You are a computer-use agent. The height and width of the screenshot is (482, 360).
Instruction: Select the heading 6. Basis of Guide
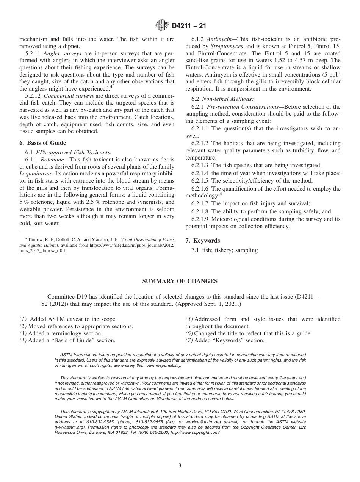42,143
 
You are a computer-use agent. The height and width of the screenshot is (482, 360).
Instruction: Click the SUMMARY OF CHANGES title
180,281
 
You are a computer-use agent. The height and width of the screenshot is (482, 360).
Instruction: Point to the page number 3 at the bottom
180,466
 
